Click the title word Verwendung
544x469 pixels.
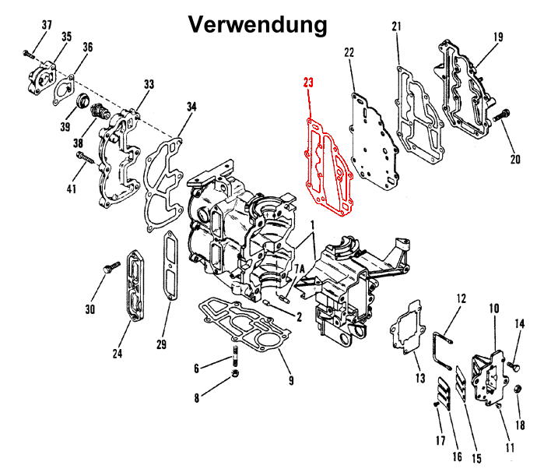[258, 24]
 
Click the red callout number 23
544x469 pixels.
[309, 83]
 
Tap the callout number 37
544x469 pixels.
[47, 26]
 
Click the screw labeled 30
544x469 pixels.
[108, 268]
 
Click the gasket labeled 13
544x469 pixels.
[405, 332]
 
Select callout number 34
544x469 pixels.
[191, 105]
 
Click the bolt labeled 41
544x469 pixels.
[86, 161]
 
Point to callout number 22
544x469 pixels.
[349, 52]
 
